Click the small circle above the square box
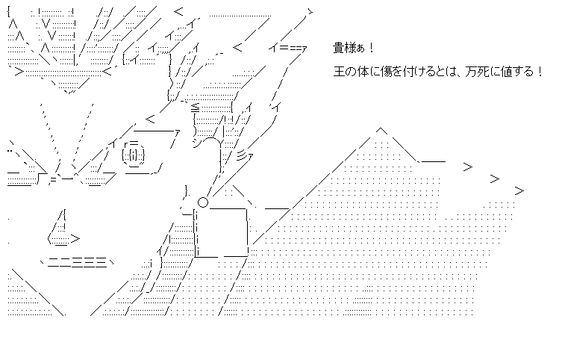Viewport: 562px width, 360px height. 202,202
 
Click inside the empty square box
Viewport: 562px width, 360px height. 222,232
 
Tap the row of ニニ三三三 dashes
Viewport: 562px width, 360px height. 75,261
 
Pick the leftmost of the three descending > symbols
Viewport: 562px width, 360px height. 468,166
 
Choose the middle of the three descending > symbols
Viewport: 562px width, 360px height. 494,179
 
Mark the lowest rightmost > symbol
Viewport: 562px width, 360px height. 519,191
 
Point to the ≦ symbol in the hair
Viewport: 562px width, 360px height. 195,105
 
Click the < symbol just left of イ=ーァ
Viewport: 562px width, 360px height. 238,49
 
